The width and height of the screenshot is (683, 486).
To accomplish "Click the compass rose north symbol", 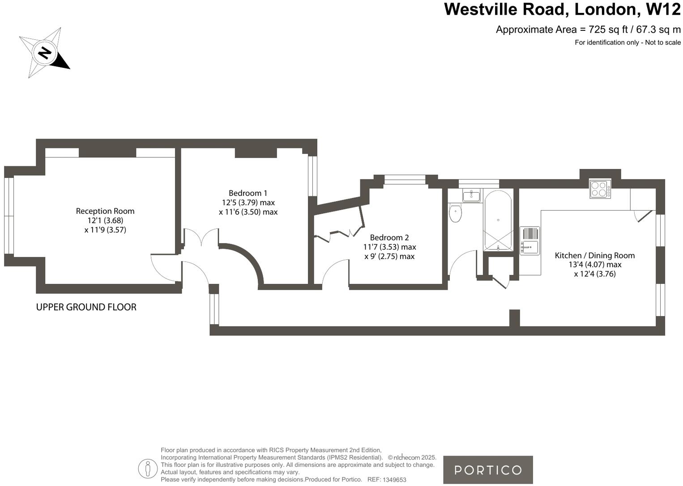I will (x=44, y=53).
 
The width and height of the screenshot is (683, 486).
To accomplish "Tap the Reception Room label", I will (x=105, y=211).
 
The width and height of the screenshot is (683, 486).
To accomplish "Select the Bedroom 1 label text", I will (x=248, y=193).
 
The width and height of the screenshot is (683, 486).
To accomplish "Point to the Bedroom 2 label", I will (x=389, y=237).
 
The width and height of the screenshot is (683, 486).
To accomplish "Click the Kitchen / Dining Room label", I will (x=594, y=255).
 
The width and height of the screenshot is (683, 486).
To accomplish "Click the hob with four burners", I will (x=600, y=189).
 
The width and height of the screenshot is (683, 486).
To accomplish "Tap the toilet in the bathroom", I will (x=455, y=213).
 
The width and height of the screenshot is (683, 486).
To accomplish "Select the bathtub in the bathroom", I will (x=498, y=220).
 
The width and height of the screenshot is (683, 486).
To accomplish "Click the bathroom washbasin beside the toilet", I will (x=471, y=195).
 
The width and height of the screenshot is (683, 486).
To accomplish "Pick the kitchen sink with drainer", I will (x=529, y=241).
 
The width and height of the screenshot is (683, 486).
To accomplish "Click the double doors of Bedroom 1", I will (x=201, y=237).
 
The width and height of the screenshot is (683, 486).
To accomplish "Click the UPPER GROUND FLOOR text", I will (x=86, y=307).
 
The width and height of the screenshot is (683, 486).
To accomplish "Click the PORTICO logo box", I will (x=488, y=470).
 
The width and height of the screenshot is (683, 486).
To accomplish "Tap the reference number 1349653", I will (x=394, y=480).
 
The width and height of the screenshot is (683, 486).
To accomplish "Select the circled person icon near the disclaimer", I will (x=147, y=469).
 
